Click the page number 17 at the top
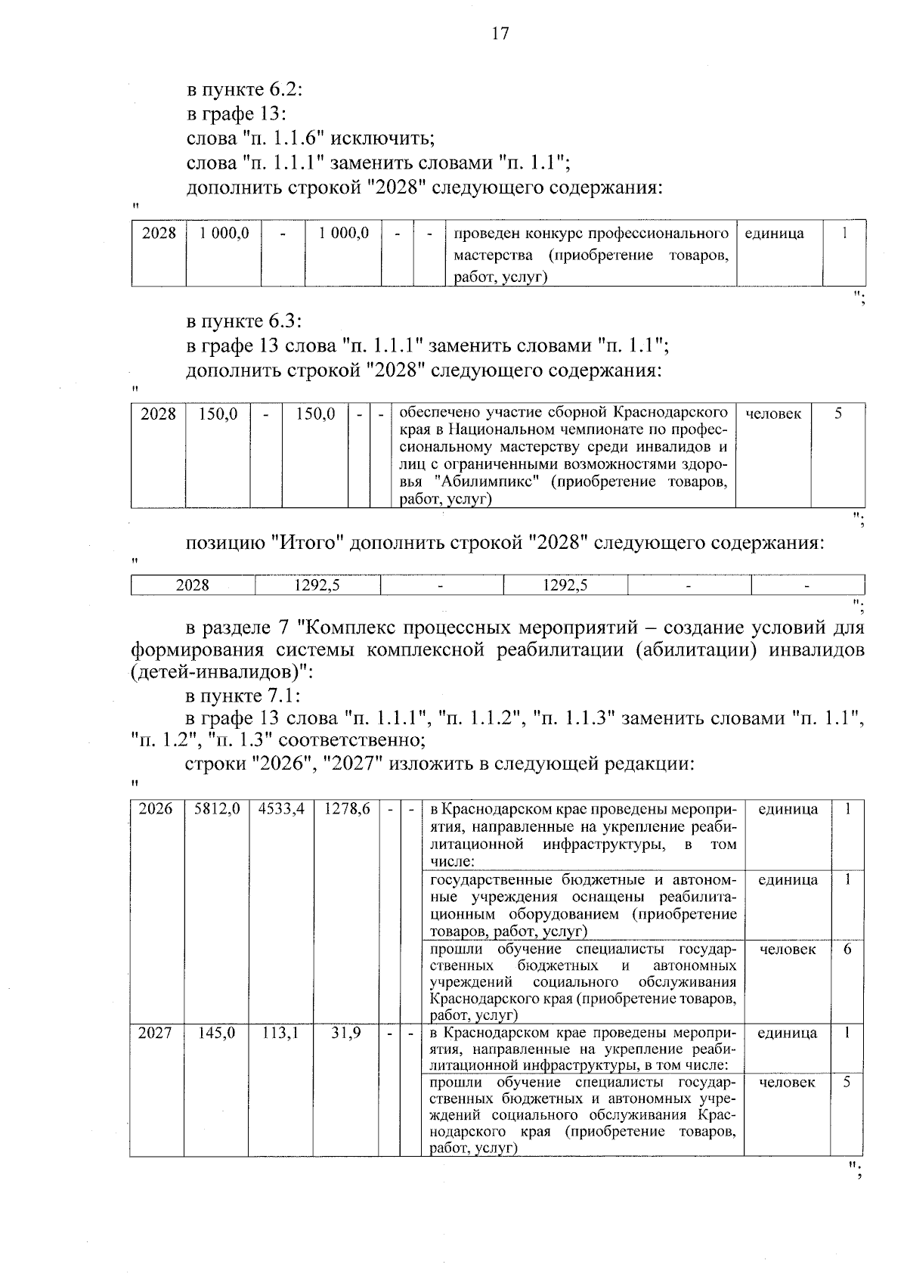click(500, 33)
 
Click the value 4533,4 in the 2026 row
click(281, 809)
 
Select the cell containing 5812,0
click(217, 809)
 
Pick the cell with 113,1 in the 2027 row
click(280, 1033)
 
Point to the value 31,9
click(346, 1033)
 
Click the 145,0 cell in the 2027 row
click(217, 1033)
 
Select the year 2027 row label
click(156, 1033)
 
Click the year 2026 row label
click(156, 809)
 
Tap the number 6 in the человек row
click(847, 950)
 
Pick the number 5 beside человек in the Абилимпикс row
click(838, 414)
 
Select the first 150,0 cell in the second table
click(218, 414)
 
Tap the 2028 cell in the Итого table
click(193, 585)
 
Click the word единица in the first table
click(774, 234)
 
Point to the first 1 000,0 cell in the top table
click(224, 234)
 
